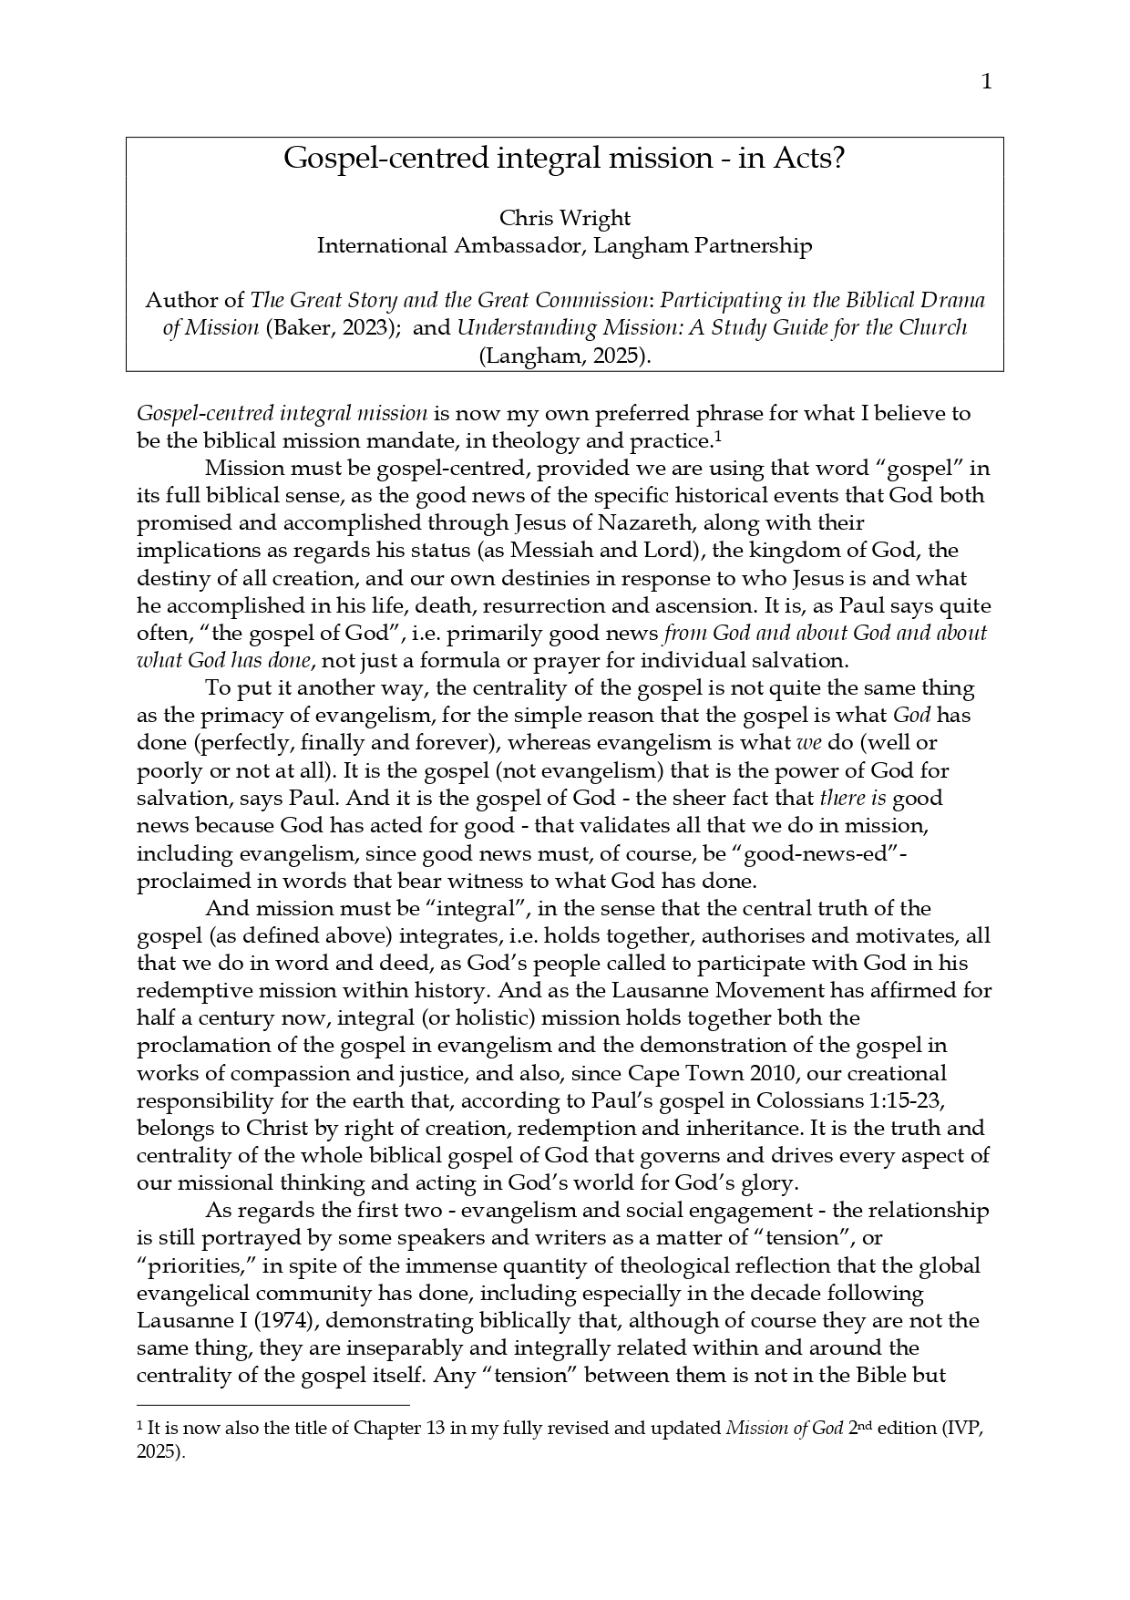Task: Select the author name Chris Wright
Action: click(x=564, y=218)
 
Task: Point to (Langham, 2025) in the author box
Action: click(x=564, y=356)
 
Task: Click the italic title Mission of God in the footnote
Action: click(x=785, y=1429)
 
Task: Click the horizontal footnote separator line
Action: click(x=272, y=1406)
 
